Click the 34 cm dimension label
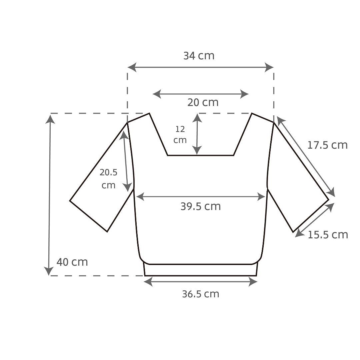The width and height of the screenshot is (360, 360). coord(199,56)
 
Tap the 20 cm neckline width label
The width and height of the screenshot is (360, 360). coord(203,102)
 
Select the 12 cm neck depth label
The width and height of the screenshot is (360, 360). coord(180,135)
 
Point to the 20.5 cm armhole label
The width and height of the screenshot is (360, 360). coord(108,179)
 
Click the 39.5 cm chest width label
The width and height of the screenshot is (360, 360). coord(201,206)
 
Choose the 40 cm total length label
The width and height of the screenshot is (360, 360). coord(72,262)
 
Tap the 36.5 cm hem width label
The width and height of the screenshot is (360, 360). coord(201,294)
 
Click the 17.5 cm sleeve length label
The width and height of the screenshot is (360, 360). coord(327,145)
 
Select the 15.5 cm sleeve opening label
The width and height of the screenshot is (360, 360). coord(328,235)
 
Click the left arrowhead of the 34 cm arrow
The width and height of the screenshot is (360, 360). coord(132,67)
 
